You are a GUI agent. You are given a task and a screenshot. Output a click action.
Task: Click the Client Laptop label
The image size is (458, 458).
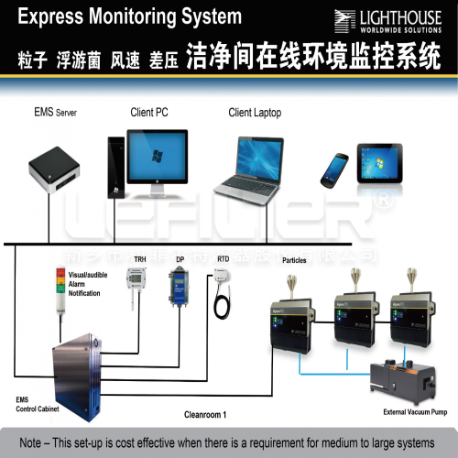[255, 113]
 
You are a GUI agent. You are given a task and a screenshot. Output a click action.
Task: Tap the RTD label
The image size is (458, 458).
[223, 260]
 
